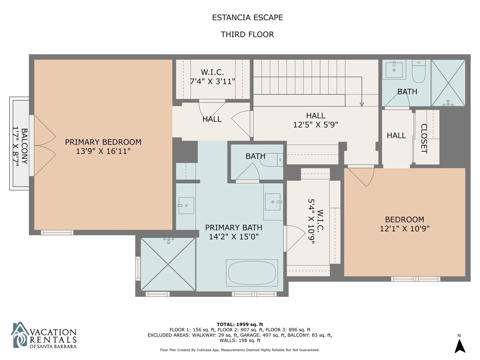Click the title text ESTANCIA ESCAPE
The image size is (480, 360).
tap(247, 18)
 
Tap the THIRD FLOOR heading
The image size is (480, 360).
tap(247, 34)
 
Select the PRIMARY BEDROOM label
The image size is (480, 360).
tap(103, 142)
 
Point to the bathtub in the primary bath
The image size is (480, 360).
tap(252, 273)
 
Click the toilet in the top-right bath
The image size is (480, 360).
tap(418, 71)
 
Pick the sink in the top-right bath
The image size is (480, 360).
tap(394, 70)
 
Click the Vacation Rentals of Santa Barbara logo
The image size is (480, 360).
tap(44, 335)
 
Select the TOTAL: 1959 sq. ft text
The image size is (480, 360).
tap(240, 324)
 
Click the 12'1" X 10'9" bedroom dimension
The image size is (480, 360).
tap(404, 229)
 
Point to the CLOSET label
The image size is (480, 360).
tap(424, 138)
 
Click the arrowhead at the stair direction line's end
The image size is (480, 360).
tap(362, 104)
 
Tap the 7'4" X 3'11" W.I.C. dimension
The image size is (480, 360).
tap(212, 82)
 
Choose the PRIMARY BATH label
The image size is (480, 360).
tap(234, 228)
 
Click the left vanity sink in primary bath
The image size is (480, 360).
tap(186, 206)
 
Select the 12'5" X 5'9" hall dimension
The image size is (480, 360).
tap(316, 124)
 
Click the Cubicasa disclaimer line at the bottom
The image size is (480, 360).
tap(240, 350)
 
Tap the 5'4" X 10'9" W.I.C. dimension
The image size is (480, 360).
tap(311, 221)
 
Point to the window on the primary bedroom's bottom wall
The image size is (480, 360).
tap(57, 232)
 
